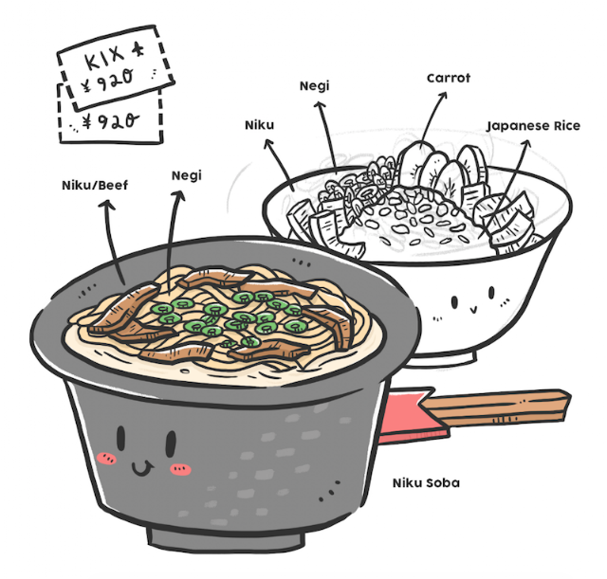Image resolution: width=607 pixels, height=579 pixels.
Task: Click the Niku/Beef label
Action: click(x=95, y=186)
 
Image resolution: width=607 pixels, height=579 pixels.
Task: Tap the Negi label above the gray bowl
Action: click(x=187, y=175)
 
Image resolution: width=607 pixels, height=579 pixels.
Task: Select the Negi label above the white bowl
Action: click(x=314, y=86)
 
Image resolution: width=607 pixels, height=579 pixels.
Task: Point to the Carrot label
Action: click(x=449, y=78)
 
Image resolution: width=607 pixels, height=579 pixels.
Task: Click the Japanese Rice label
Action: click(x=533, y=126)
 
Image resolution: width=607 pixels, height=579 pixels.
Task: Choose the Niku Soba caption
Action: click(x=426, y=482)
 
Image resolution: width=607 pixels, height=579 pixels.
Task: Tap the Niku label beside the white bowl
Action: click(x=259, y=125)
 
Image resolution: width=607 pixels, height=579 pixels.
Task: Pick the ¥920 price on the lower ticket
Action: click(x=111, y=122)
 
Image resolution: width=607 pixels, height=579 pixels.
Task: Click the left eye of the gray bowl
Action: click(x=121, y=439)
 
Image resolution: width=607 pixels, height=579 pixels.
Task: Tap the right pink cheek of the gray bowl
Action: click(x=180, y=469)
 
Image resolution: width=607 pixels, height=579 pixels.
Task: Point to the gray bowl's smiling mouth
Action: click(x=141, y=468)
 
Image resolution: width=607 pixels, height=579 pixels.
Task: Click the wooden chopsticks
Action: click(x=495, y=407)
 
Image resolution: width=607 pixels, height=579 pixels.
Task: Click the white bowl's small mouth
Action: click(x=472, y=309)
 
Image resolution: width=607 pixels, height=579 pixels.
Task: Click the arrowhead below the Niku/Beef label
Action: click(x=106, y=205)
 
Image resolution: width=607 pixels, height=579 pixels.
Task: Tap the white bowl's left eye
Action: click(x=454, y=302)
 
